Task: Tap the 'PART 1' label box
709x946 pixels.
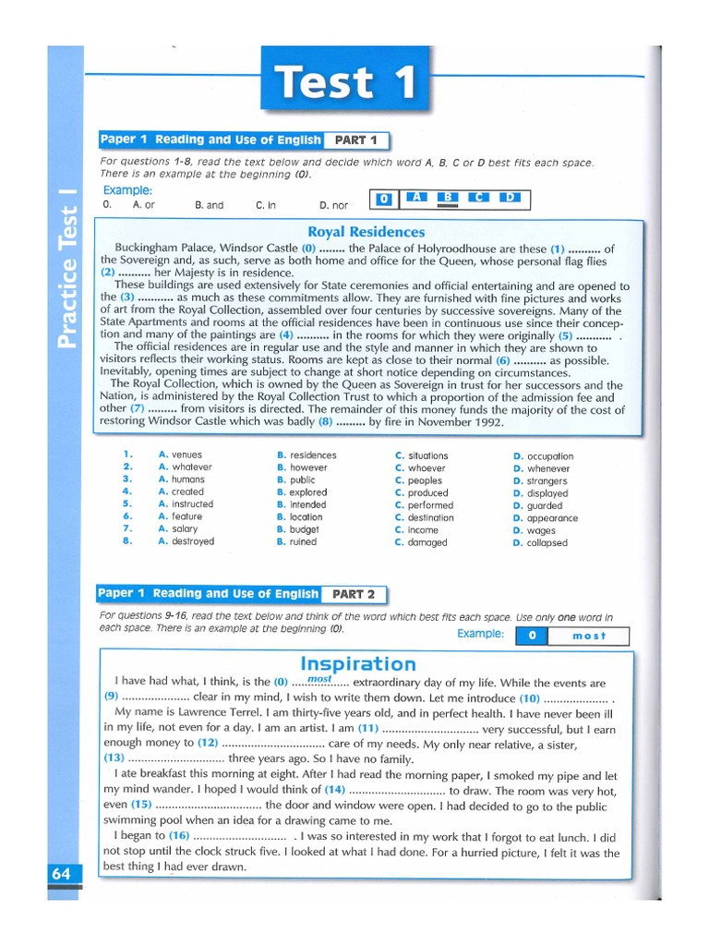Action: [x=355, y=140]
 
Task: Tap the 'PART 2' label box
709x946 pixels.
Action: [x=353, y=594]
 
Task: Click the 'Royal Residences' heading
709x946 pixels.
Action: [x=366, y=232]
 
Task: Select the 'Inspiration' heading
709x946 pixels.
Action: [x=358, y=663]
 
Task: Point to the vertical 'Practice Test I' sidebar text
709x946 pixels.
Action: [x=66, y=267]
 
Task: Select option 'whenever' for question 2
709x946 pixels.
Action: [x=547, y=468]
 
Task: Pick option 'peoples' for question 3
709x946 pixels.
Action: [x=425, y=480]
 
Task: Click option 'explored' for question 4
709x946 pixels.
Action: [x=308, y=492]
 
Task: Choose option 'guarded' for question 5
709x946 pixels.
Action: [x=544, y=506]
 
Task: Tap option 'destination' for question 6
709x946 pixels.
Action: [x=430, y=517]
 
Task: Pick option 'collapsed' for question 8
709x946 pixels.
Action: [x=547, y=543]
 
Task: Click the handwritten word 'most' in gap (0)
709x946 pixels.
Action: [x=318, y=679]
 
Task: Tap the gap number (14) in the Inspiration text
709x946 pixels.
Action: [x=334, y=791]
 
